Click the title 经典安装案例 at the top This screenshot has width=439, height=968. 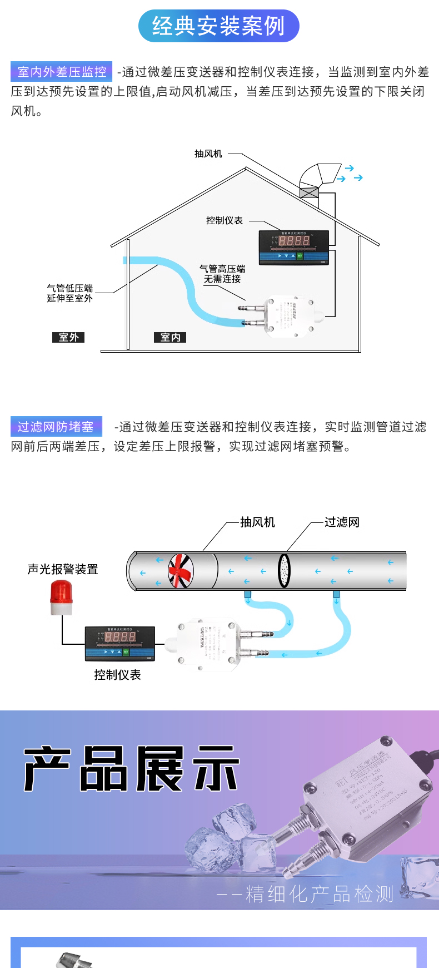pos(218,26)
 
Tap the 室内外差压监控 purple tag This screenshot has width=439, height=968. pos(62,72)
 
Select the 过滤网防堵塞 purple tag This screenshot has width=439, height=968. pos(56,427)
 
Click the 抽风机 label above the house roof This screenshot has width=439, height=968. pos(208,154)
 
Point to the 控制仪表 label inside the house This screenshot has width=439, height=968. pos(225,220)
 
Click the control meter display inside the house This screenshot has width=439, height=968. pos(294,246)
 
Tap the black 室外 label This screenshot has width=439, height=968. pos(68,337)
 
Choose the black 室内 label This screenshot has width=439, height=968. pos(170,337)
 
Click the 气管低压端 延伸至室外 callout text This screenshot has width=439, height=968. pos(70,293)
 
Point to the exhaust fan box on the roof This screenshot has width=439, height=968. pos(309,192)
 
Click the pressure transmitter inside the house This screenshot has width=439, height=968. pos(290,316)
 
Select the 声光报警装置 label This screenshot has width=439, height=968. pos(63,569)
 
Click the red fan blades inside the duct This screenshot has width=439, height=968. pos(181,571)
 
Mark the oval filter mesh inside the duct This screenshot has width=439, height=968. pos(285,570)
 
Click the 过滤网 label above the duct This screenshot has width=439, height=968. pos(342,522)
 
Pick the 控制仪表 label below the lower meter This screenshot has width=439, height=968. pos(117,675)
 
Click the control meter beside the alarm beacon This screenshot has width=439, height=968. pos(120,643)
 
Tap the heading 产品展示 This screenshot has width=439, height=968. pos(132,769)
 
